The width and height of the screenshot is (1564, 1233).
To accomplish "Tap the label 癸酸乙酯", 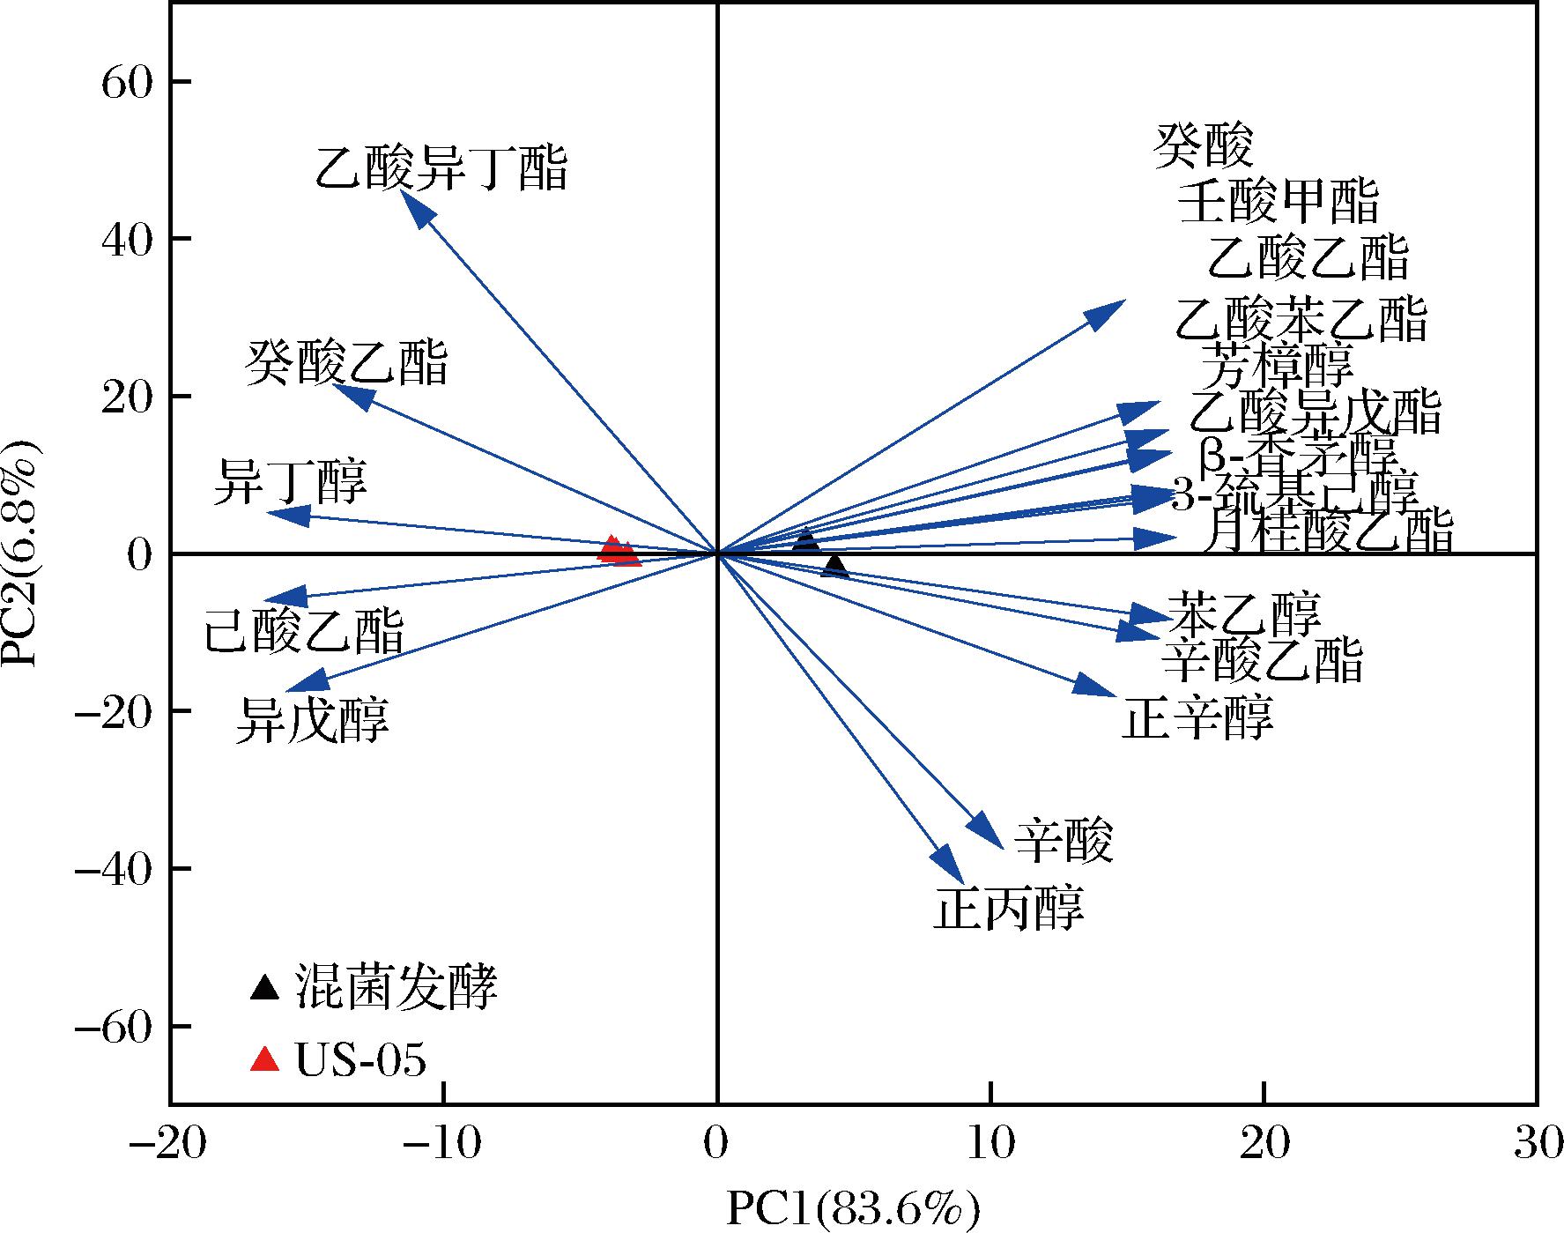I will click(346, 362).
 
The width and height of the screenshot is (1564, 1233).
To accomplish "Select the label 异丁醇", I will click(290, 481).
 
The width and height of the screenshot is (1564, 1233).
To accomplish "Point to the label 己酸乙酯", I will click(303, 629).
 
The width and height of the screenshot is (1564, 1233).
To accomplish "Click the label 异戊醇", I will click(312, 720).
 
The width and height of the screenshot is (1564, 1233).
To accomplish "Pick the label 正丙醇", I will click(1008, 908).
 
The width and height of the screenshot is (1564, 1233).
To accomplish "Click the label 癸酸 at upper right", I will click(1203, 145).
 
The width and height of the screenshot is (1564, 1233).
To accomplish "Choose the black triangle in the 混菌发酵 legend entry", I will click(264, 987).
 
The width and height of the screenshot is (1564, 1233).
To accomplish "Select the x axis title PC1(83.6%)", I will click(852, 1209).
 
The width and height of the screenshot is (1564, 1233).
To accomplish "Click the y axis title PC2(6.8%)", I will click(22, 553).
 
